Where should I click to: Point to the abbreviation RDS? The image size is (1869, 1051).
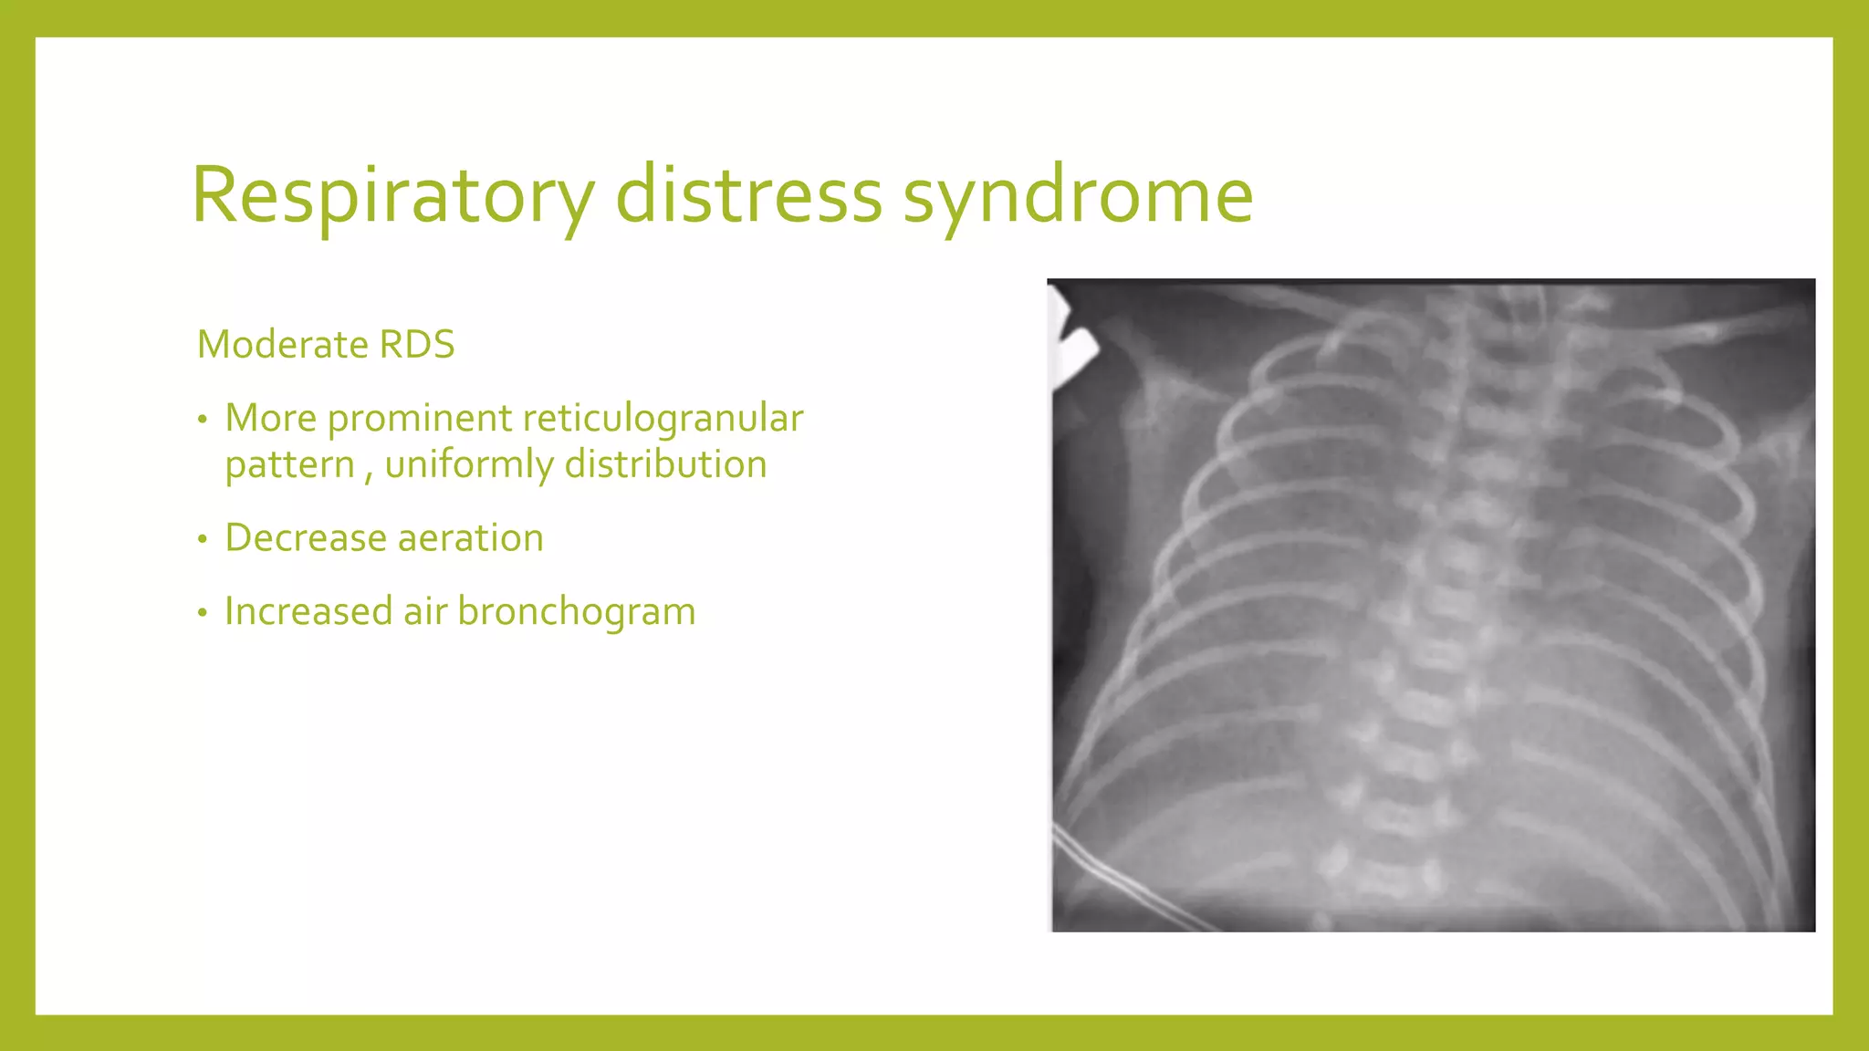pos(417,345)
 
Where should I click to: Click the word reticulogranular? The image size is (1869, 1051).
pos(663,419)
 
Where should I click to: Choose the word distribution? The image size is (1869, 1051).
pos(665,464)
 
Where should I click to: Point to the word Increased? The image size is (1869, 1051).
pos(308,611)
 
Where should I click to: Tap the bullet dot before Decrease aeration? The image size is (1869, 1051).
pos(203,539)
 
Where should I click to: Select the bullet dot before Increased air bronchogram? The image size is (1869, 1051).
pos(203,613)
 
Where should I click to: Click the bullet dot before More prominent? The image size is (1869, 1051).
pos(203,421)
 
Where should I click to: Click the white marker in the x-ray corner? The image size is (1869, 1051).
pos(1074,351)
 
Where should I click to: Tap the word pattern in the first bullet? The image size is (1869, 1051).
pos(289,465)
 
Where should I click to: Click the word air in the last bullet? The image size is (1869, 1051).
pos(425,611)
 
